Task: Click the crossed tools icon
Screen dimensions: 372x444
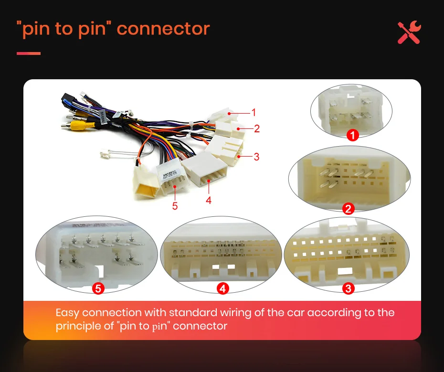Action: pos(410,32)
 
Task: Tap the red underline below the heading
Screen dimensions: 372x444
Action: pos(29,53)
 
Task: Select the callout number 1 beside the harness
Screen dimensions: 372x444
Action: pos(254,113)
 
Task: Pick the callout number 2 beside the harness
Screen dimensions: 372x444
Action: pos(256,128)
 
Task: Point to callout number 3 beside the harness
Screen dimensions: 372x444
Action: pos(256,156)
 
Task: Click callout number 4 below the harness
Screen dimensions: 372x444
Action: pos(209,200)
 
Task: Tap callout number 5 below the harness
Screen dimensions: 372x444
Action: pos(175,206)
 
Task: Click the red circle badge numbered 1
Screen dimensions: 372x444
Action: pos(352,136)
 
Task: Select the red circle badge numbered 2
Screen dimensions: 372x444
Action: pos(349,208)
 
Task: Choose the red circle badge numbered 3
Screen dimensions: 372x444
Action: pos(349,288)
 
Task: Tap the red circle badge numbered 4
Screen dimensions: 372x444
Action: pos(222,288)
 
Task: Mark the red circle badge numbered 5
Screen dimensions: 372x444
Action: pos(98,288)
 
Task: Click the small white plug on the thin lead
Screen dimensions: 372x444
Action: pos(105,155)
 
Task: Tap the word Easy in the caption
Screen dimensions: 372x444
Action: pos(67,313)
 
